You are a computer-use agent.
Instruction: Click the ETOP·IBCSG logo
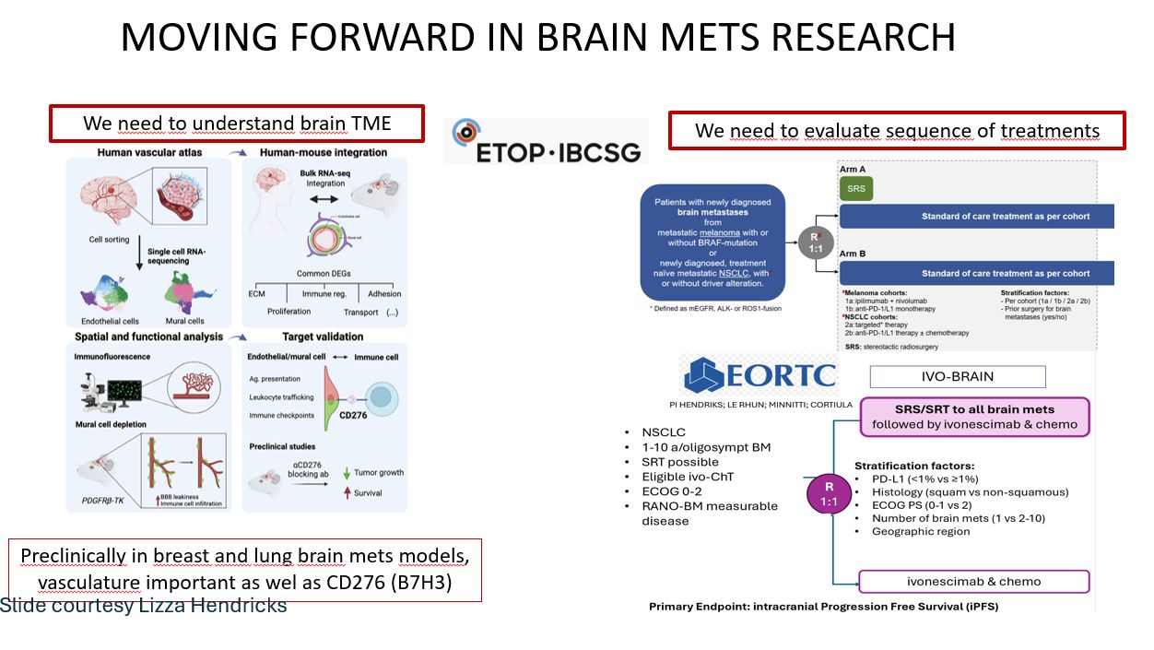tap(546, 141)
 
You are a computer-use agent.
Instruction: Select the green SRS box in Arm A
tap(855, 188)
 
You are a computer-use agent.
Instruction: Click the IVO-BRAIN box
tap(958, 376)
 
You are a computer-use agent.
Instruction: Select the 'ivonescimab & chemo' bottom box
tap(974, 582)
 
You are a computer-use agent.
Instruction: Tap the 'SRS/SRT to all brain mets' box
tap(974, 417)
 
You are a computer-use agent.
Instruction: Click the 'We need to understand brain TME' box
tap(237, 124)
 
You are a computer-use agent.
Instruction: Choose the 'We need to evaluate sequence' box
tap(897, 130)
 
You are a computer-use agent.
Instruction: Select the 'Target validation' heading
tap(323, 337)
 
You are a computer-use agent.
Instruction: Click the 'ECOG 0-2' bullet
tap(677, 491)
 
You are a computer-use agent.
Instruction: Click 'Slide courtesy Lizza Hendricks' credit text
tap(144, 606)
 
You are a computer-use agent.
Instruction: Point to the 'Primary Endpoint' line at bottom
tap(823, 607)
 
